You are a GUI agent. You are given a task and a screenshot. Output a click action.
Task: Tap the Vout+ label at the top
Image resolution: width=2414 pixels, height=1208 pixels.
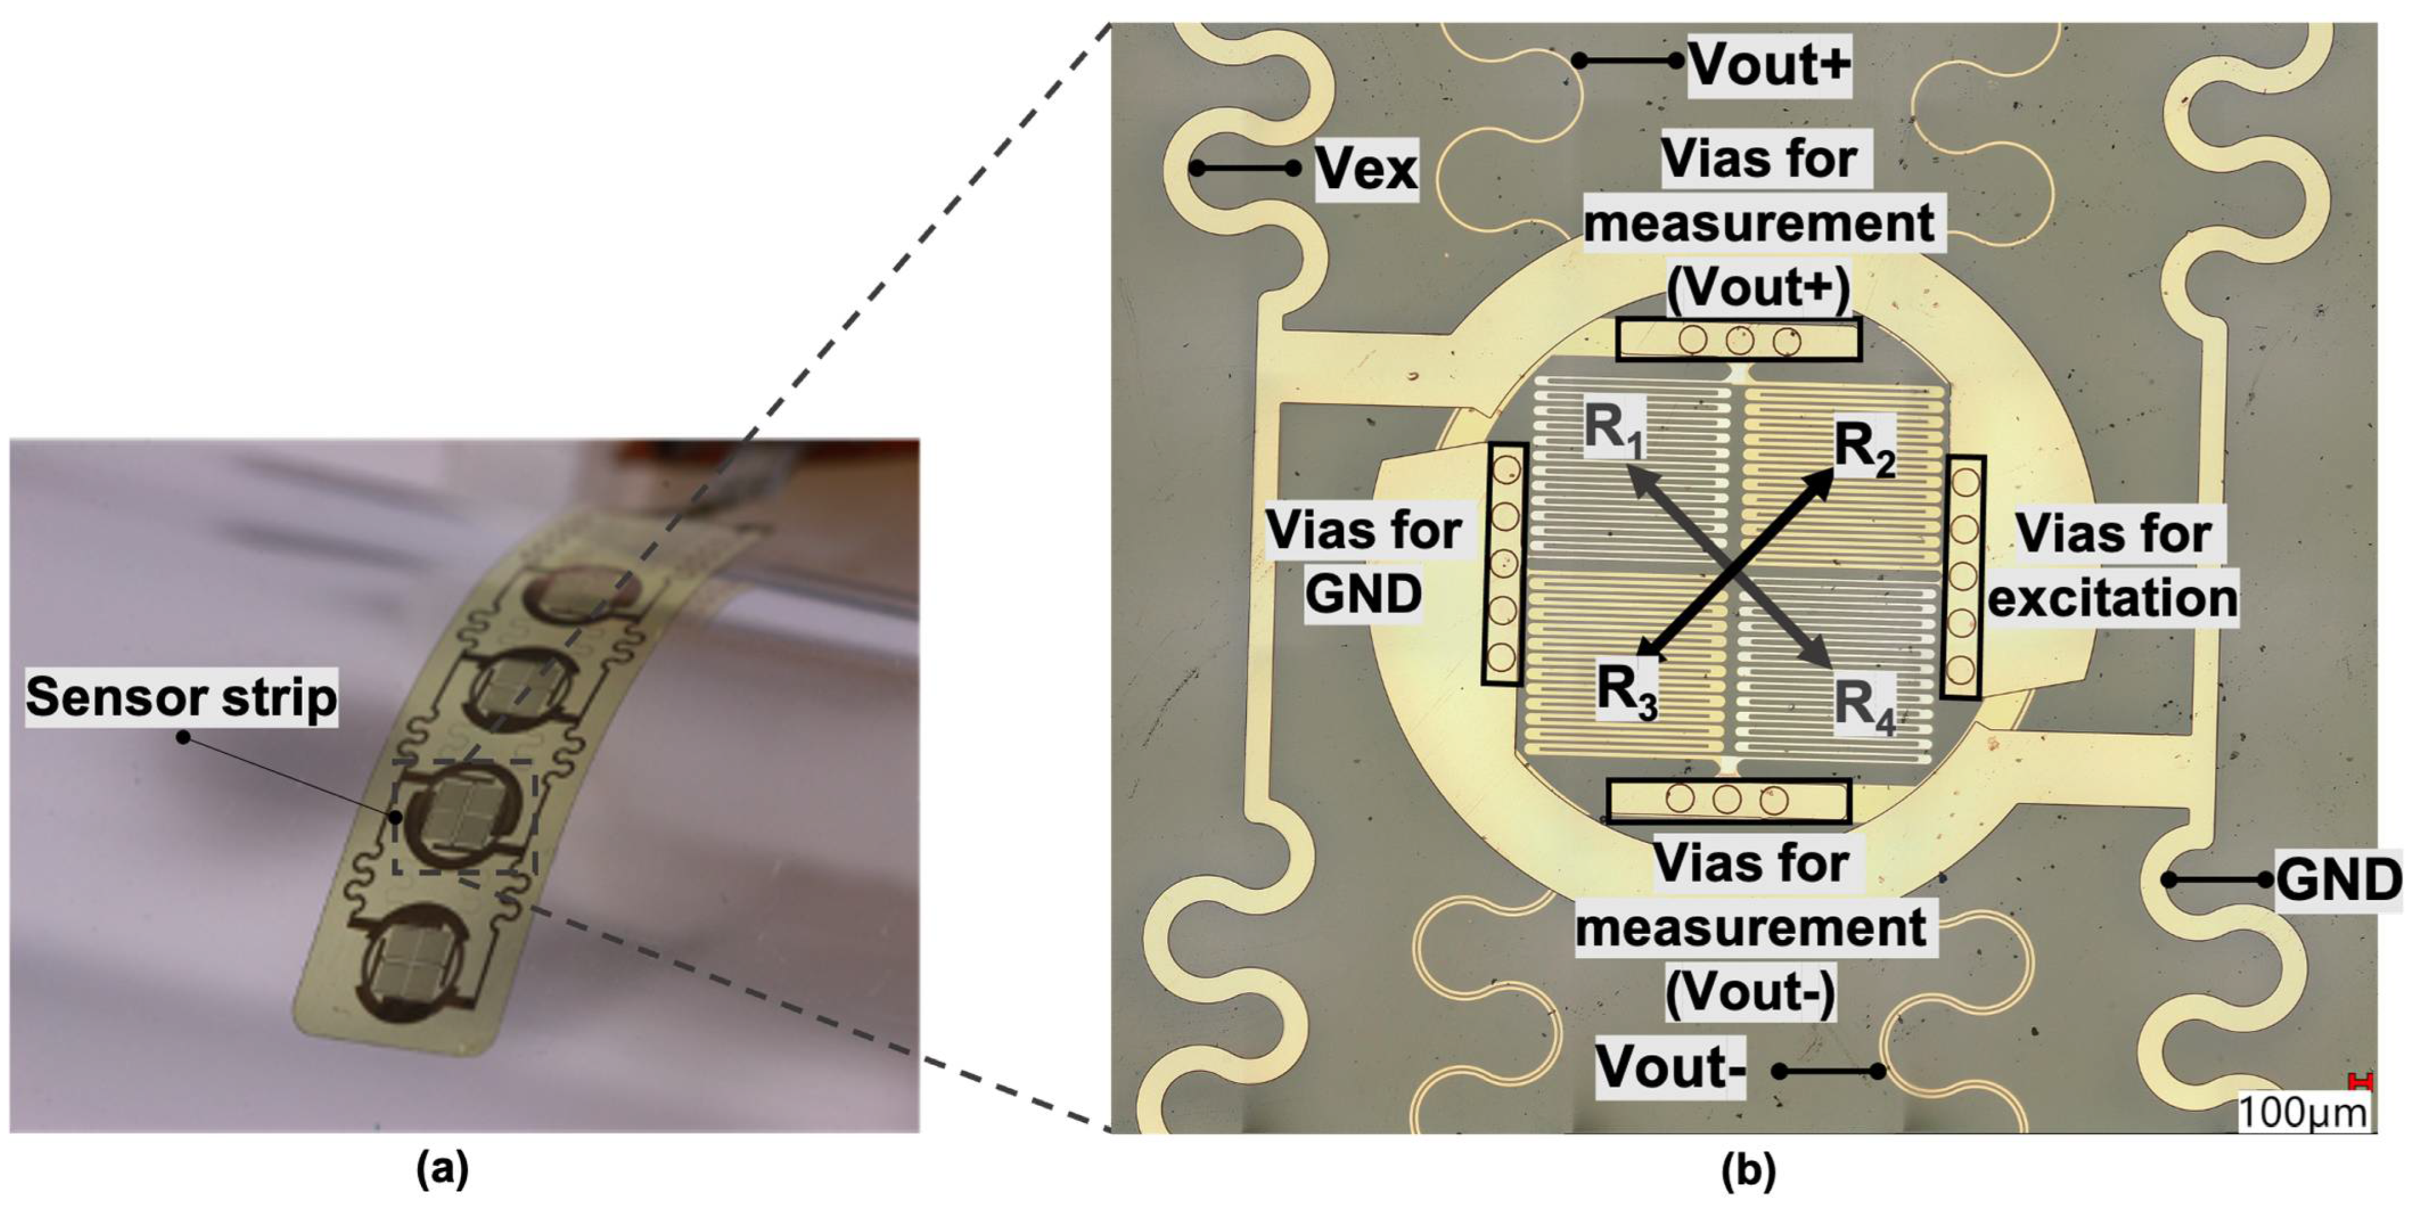coord(1769,64)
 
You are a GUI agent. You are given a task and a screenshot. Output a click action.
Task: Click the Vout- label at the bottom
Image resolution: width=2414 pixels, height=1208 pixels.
coord(1670,1068)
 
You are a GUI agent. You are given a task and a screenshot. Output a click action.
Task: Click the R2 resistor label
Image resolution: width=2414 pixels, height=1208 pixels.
coord(1864,450)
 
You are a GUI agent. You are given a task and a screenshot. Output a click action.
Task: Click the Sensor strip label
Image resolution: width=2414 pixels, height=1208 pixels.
coord(181,697)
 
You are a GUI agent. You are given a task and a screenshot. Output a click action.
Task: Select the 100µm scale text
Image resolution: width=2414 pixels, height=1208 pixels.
coord(2301,1112)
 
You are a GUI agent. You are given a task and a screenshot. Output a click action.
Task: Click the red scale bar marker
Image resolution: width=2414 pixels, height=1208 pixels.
coord(2361,1082)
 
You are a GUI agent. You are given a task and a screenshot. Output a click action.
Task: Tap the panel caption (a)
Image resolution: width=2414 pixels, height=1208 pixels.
coord(442,1169)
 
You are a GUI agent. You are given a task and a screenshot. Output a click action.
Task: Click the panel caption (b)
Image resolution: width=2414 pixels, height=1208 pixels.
coord(1749,1169)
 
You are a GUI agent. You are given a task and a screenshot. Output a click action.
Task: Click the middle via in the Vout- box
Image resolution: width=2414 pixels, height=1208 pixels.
coord(1727,799)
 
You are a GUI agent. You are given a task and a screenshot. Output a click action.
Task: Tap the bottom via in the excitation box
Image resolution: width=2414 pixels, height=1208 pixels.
coord(1960,669)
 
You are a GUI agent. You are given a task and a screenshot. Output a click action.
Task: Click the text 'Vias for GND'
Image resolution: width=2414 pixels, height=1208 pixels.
coord(1363,562)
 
